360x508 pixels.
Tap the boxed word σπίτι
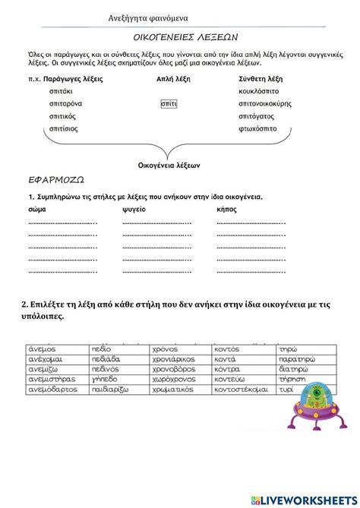[169, 103]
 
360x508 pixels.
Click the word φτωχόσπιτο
[257, 129]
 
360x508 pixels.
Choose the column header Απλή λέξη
[174, 78]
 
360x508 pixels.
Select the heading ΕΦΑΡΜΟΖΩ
[54, 181]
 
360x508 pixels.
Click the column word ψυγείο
[133, 208]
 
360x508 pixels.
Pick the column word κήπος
[227, 208]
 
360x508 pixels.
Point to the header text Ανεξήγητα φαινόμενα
[148, 17]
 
